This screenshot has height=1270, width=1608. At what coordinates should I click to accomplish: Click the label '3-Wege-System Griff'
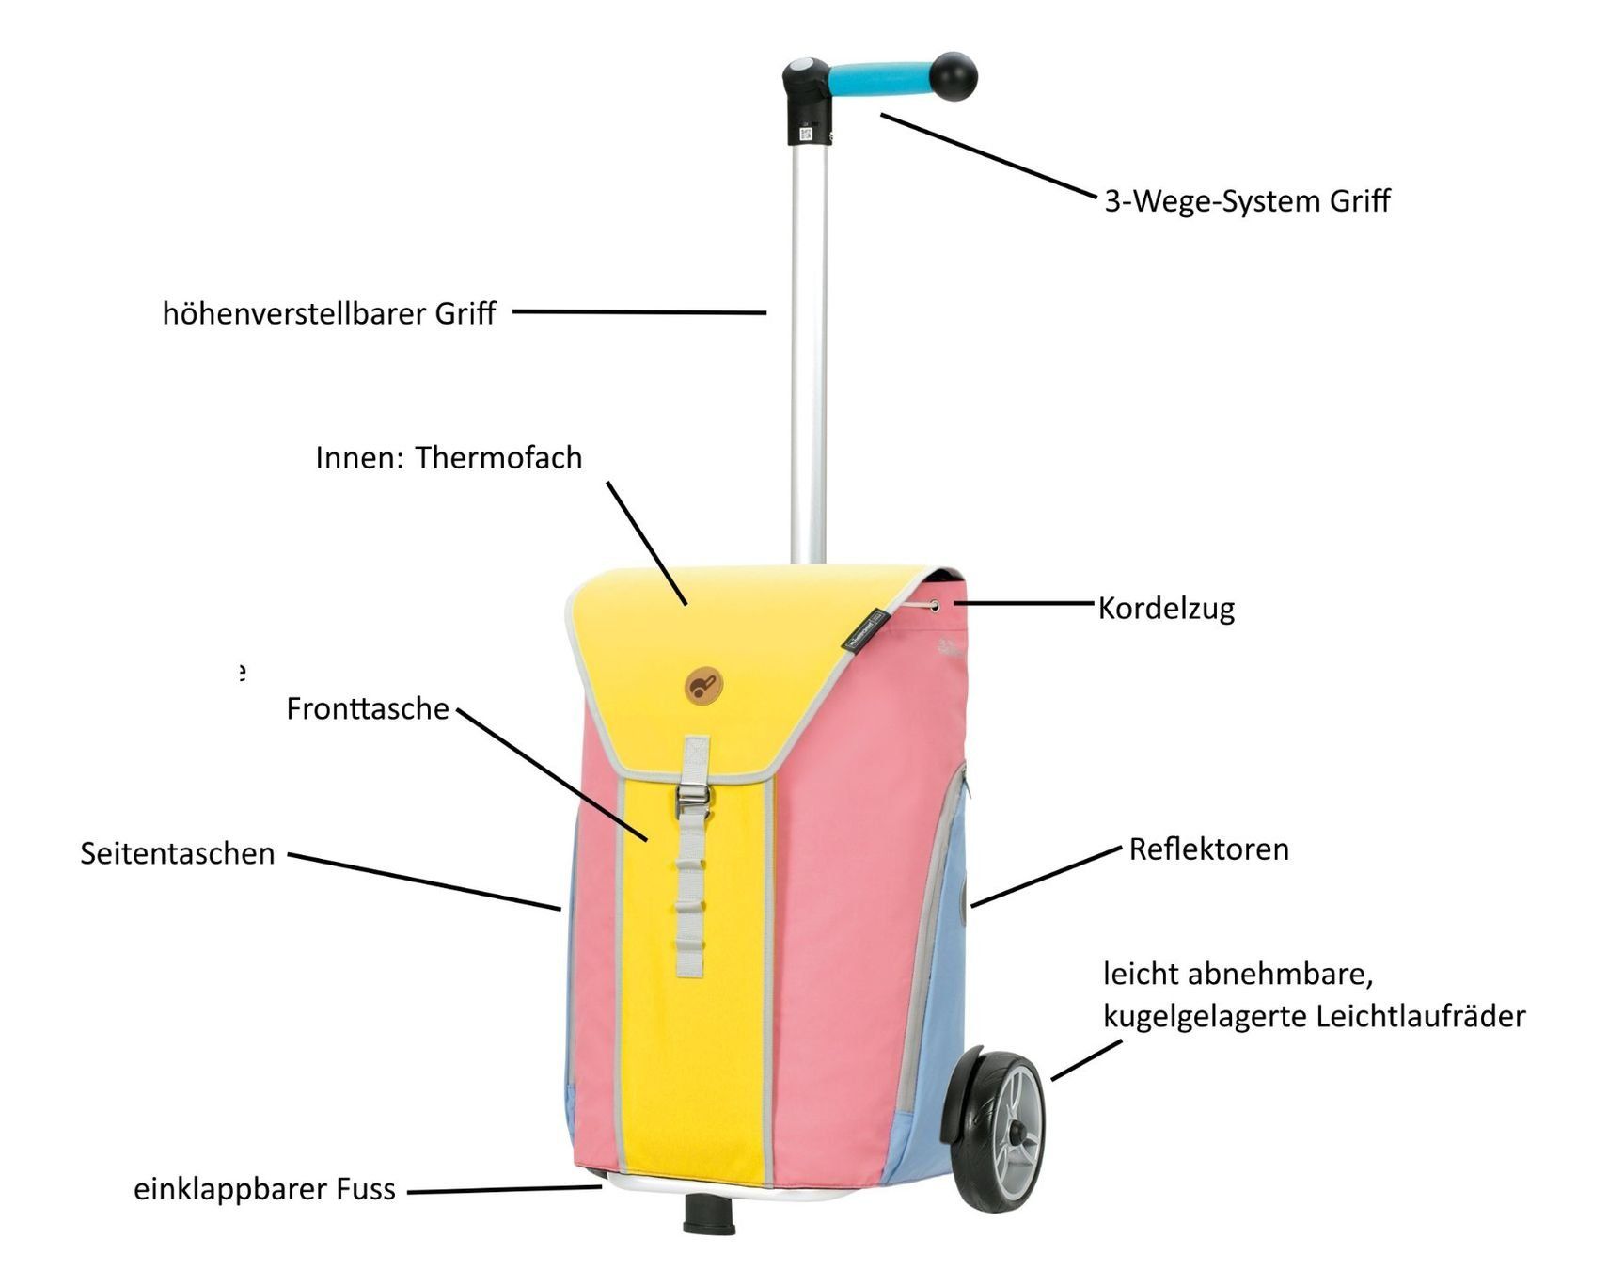[x=1247, y=201]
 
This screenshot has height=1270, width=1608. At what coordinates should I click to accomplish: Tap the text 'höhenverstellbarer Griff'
[x=329, y=313]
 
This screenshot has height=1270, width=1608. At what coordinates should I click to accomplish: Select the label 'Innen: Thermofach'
[x=449, y=457]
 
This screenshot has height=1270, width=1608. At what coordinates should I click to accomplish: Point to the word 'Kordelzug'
[x=1166, y=609]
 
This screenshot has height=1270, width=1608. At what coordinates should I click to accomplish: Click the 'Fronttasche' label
[x=368, y=708]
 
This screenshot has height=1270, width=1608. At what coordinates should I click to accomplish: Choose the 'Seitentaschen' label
[x=177, y=853]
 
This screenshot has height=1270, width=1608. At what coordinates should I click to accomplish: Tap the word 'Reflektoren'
[x=1208, y=849]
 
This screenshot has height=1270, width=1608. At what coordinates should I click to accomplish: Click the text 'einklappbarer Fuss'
[x=264, y=1189]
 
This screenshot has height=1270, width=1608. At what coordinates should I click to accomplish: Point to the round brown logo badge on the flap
[x=702, y=685]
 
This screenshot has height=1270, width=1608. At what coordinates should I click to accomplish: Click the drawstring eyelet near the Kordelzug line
[x=934, y=606]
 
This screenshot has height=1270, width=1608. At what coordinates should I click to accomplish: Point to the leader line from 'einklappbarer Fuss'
[x=504, y=1190]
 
